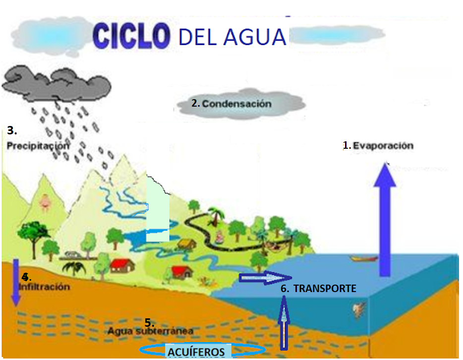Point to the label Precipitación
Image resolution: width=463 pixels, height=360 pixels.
click(38, 146)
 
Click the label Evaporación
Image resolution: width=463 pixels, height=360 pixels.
click(383, 146)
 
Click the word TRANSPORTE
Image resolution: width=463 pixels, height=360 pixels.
click(325, 289)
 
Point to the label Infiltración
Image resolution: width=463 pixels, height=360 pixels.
click(45, 287)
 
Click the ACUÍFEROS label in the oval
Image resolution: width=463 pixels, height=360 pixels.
click(196, 352)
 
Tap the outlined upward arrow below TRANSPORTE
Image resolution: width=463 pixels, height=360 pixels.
click(284, 322)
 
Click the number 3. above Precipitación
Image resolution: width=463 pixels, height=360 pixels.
click(12, 130)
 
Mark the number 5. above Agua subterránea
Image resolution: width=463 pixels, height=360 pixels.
click(149, 322)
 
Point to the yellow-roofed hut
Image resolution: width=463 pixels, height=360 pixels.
click(186, 244)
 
